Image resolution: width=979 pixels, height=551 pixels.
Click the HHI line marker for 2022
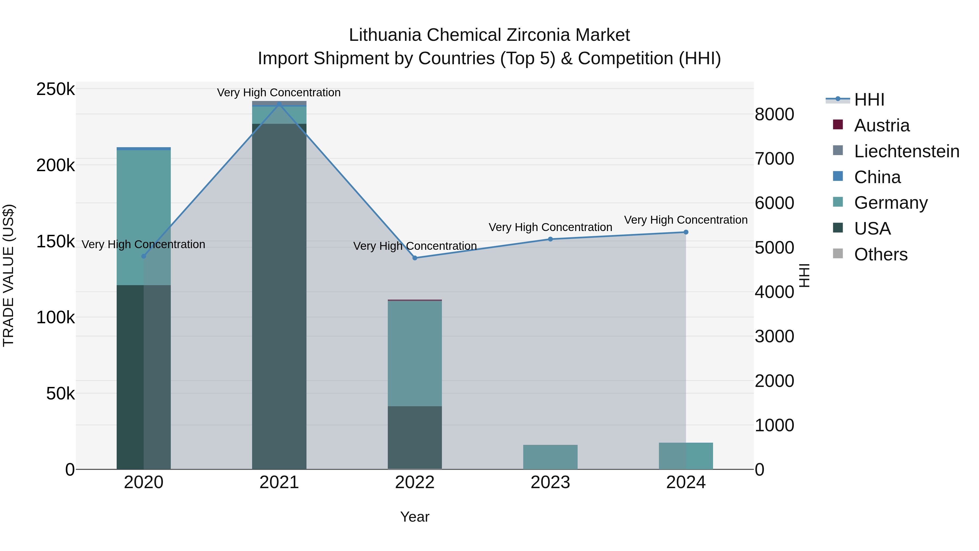point(415,258)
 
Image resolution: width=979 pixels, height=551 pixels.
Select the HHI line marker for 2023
point(550,239)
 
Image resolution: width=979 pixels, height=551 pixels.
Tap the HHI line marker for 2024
point(686,232)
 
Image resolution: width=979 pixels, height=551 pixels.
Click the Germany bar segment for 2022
point(415,354)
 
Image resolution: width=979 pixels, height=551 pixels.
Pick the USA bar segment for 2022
point(415,437)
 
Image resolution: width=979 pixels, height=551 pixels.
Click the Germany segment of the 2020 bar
point(143,217)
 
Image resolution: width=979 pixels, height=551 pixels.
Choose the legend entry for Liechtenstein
point(906,151)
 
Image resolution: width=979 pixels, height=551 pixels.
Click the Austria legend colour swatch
point(838,125)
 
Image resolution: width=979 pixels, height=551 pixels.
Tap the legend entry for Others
point(881,254)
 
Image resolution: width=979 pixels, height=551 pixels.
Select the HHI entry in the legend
point(869,100)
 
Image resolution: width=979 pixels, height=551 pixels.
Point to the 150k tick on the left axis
point(55,241)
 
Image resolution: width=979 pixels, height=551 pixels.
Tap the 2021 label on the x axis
point(279,482)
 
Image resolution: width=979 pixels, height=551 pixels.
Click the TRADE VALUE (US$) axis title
point(8,275)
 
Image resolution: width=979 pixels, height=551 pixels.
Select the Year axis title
point(415,517)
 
